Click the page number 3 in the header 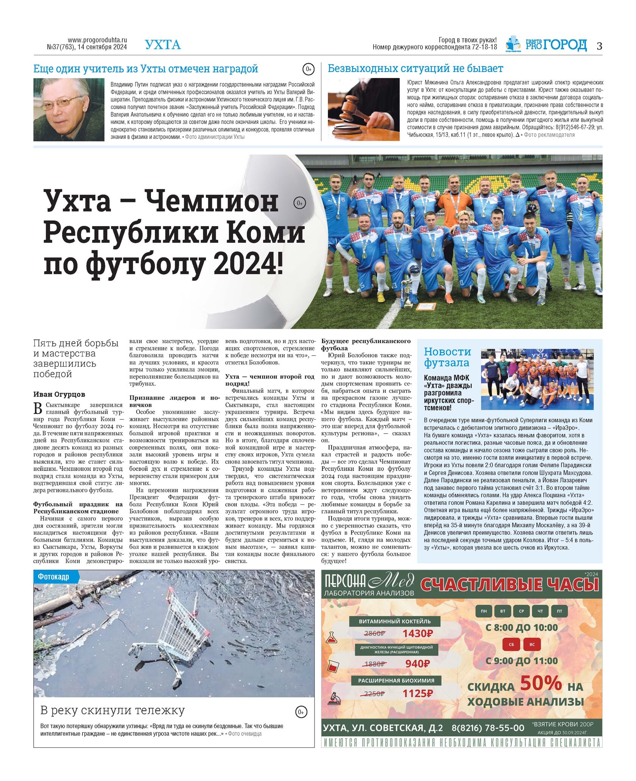pos(599,46)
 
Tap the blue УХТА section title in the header pos(163,45)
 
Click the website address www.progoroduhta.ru pos(97,40)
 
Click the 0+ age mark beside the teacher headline pos(308,69)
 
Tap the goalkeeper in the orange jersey pos(455,201)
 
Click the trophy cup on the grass pos(407,292)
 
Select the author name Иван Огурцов pos(59,394)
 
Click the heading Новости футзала pos(447,357)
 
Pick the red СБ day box pos(511,644)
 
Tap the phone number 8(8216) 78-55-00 pos(488,728)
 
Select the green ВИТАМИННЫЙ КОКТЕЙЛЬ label pos(394,621)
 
